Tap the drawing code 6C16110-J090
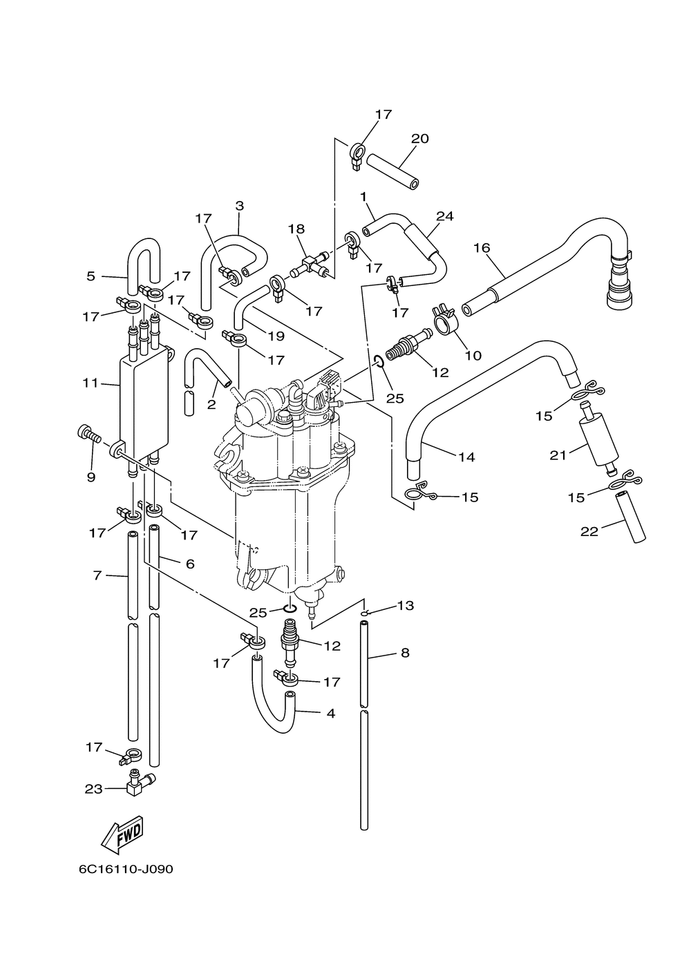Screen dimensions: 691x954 coord(126,880)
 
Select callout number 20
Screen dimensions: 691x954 coord(420,139)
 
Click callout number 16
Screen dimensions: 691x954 coord(482,247)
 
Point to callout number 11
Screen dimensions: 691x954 coord(91,383)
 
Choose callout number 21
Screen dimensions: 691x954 coord(558,455)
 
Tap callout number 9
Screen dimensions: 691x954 coord(91,477)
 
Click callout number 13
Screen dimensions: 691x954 coord(405,605)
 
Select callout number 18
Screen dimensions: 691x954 coord(296,229)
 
